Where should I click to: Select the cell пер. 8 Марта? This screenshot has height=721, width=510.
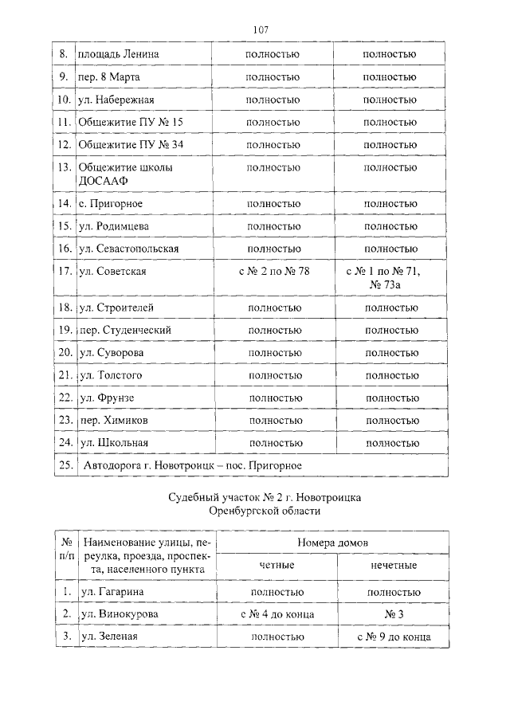[110, 77]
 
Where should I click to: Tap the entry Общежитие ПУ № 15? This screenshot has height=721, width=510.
[131, 123]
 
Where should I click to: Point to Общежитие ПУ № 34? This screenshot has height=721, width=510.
[131, 145]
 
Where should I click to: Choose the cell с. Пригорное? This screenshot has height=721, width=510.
[111, 204]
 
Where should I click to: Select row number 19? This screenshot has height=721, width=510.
[65, 330]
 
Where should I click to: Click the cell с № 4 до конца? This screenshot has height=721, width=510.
[277, 614]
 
